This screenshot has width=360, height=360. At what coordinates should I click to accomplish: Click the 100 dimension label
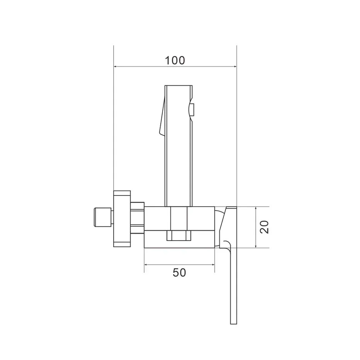point(175,60)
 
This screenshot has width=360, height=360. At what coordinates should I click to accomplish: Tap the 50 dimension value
point(179,273)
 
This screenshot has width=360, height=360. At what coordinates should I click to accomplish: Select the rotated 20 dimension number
point(264,227)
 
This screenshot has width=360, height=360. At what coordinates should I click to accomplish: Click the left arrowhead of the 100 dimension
point(116,66)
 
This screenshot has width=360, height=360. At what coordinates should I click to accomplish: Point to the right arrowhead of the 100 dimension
point(234,66)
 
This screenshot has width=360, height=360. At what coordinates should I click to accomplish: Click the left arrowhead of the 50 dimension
point(146,265)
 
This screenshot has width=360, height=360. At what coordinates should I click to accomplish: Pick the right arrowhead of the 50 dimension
point(212,265)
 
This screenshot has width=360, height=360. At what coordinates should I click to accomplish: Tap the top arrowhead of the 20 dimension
point(256,209)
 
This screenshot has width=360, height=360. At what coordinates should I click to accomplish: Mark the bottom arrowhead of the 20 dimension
point(256,245)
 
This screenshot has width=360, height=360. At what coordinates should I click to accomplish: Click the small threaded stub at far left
point(103,217)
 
